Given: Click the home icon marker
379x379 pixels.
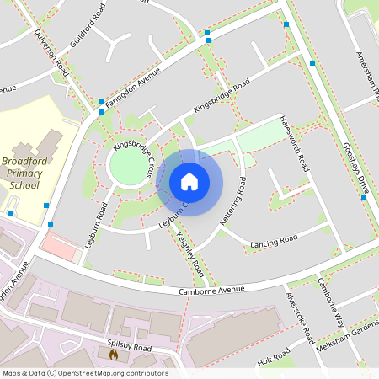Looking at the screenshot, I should pyautogui.click(x=189, y=182).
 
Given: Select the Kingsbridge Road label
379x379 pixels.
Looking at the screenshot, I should pyautogui.click(x=222, y=98).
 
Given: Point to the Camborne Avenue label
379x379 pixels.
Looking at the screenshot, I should pyautogui.click(x=211, y=291).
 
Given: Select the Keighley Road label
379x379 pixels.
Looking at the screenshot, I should pyautogui.click(x=193, y=257).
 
